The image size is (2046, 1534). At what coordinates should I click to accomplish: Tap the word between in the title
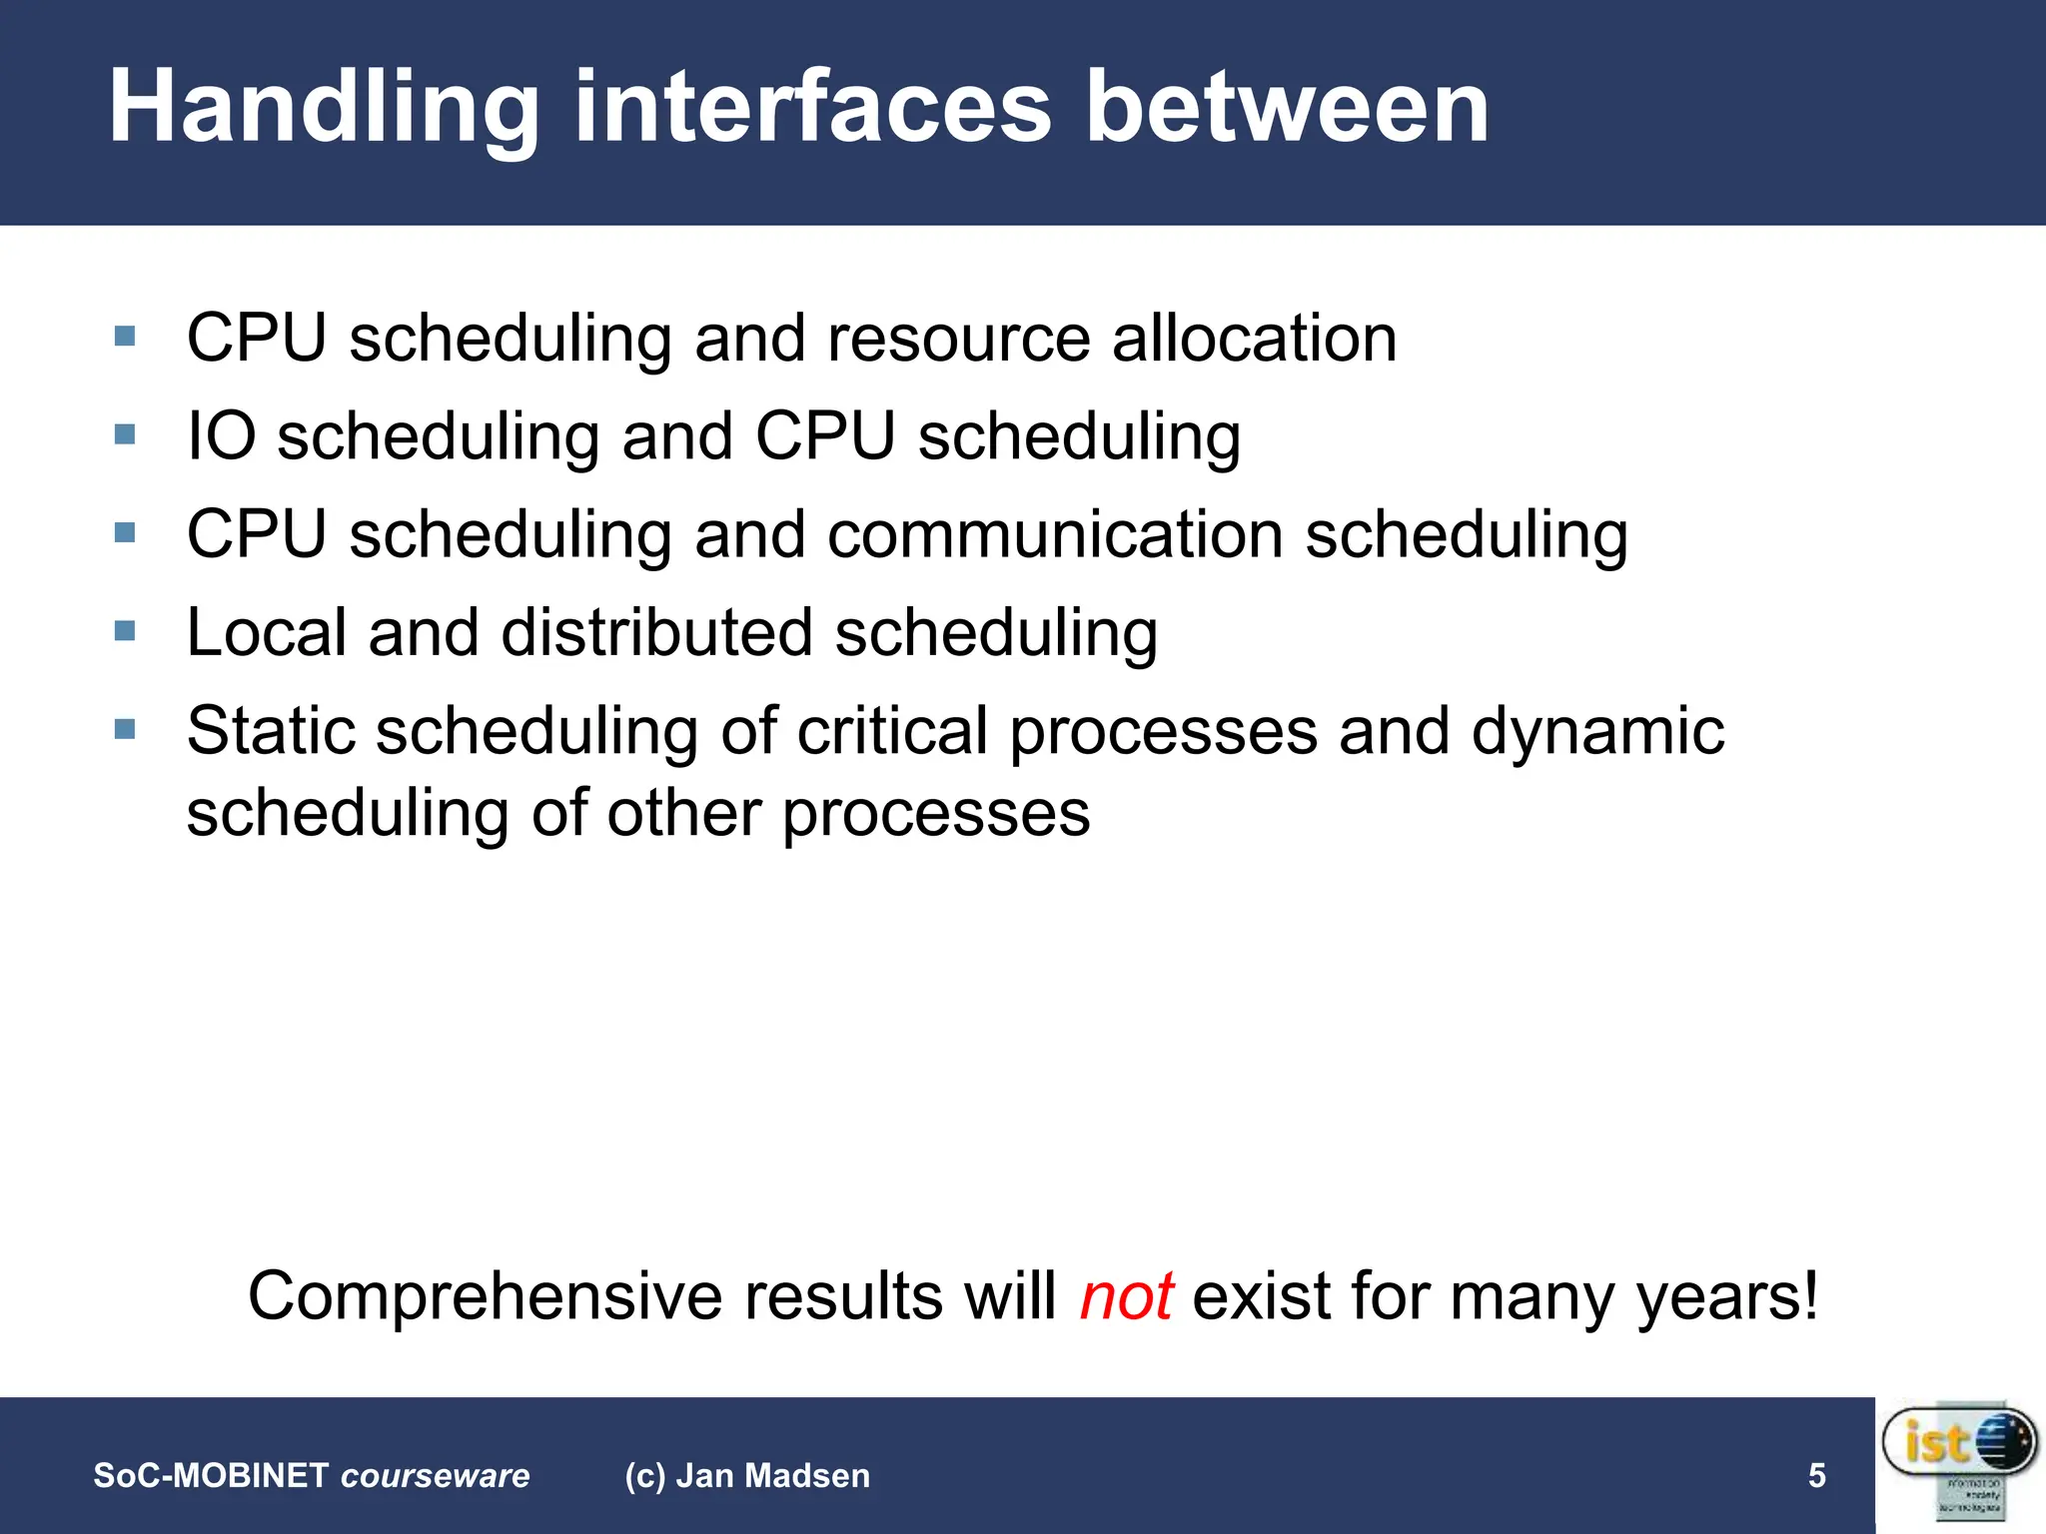1288,108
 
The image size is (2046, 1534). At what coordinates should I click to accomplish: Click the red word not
1126,1296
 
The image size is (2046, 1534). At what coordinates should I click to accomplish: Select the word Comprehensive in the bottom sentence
486,1296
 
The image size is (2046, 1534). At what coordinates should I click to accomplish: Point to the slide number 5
1816,1475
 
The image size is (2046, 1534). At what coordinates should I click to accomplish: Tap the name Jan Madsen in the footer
773,1475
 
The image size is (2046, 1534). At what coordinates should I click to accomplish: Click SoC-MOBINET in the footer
211,1475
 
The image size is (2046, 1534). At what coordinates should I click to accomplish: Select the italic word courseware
436,1475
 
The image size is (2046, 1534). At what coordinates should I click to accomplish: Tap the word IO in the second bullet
221,436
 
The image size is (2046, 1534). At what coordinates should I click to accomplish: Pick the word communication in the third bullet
1055,534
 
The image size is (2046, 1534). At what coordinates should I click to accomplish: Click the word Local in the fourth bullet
266,632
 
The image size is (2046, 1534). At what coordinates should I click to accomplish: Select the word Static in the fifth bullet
271,730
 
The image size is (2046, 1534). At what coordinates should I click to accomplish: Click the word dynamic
1597,730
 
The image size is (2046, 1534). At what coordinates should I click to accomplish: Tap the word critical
892,730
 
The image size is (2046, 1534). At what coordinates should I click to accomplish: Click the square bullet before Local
125,631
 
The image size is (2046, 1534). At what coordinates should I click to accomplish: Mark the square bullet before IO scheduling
125,434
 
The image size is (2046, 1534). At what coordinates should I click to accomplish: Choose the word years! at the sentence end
1726,1296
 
